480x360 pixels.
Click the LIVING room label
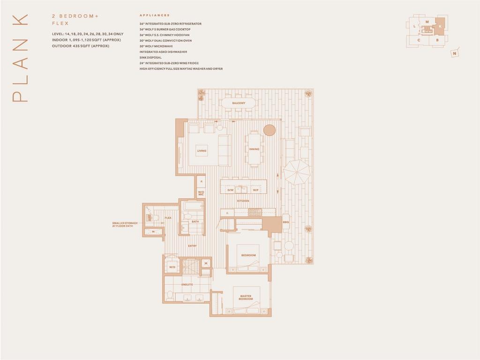click(x=202, y=151)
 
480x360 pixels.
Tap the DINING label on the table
click(x=254, y=149)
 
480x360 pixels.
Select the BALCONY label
click(x=239, y=103)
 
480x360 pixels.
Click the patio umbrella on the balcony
click(x=297, y=172)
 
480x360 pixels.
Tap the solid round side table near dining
click(x=269, y=130)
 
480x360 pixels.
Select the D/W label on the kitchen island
click(x=230, y=190)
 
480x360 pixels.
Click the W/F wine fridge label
click(x=256, y=190)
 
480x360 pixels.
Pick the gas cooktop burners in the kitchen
click(x=255, y=212)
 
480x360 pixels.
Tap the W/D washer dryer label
click(x=172, y=268)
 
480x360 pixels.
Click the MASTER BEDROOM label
click(x=246, y=297)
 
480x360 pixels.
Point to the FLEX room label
click(x=168, y=218)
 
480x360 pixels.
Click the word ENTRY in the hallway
click(x=193, y=246)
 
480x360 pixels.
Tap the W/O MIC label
click(x=201, y=193)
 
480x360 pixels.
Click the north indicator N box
click(x=455, y=53)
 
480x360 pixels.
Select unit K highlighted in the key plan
click(x=440, y=26)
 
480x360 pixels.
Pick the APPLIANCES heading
click(x=155, y=15)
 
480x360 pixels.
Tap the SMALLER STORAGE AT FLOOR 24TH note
click(x=125, y=225)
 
